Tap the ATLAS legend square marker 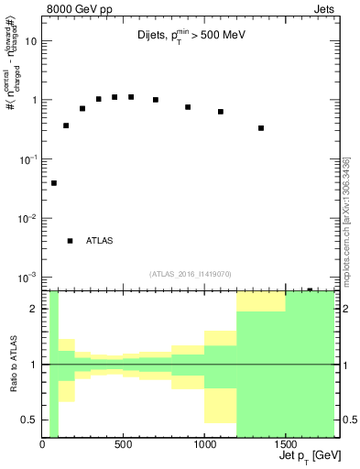coord(70,241)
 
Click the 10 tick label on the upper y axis coord(31,41)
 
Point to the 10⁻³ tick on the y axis coord(27,277)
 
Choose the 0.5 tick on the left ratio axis coord(31,420)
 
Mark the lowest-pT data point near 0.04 coord(54,183)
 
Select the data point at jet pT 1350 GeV coord(261,128)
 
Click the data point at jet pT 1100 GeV coord(221,112)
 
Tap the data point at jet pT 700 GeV coord(156,100)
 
